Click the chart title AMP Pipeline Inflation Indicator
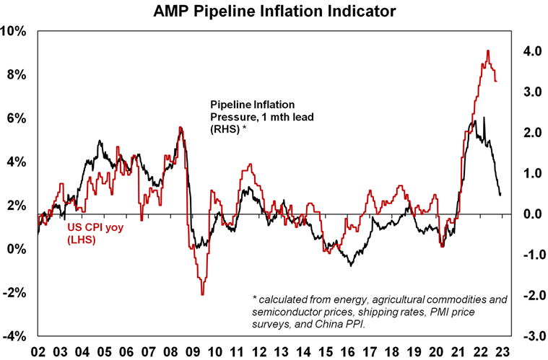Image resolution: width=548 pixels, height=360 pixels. (x=274, y=12)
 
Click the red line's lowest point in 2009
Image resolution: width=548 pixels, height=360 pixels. (x=202, y=294)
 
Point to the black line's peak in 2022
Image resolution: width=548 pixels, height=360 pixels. (x=484, y=118)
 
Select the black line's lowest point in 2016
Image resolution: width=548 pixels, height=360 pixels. (x=351, y=266)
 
